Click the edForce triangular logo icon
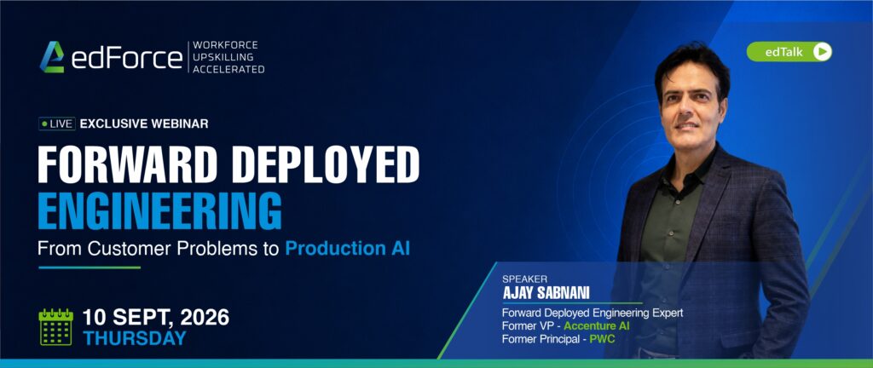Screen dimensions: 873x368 tap(52, 57)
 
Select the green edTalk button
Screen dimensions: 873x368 tap(789, 52)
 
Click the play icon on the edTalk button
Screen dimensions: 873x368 tap(822, 52)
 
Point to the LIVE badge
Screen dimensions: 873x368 tap(57, 124)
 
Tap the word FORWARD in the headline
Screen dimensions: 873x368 tap(126, 165)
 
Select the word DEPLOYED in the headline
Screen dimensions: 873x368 tap(325, 165)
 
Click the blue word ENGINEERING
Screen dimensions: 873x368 tap(159, 210)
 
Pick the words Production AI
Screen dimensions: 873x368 tap(348, 248)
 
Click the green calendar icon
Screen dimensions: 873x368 tap(55, 327)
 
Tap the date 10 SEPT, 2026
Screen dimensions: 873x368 tap(156, 318)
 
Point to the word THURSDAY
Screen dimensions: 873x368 tap(135, 338)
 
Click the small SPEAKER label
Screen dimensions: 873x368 tap(524, 279)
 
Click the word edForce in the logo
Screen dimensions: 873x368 tap(127, 58)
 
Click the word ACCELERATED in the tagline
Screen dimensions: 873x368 tap(228, 69)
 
